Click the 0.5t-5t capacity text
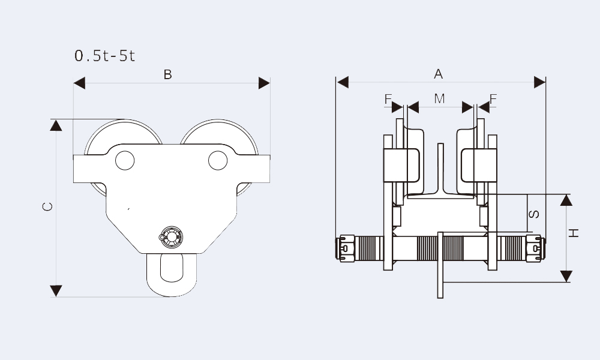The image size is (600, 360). tap(105, 56)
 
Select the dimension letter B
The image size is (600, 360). tap(168, 74)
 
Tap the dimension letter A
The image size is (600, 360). tap(439, 74)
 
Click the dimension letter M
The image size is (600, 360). tap(440, 98)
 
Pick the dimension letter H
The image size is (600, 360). tap(574, 233)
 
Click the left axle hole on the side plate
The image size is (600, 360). tap(124, 160)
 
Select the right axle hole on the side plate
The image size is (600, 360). tap(218, 160)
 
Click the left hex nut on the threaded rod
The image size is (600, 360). tap(346, 247)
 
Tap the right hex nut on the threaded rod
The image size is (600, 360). tap(534, 247)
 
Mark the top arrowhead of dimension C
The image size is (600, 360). tap(56, 125)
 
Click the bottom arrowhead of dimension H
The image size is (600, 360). tap(566, 277)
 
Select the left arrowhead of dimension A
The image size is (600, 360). tap(343, 82)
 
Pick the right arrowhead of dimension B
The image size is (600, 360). tap(264, 83)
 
